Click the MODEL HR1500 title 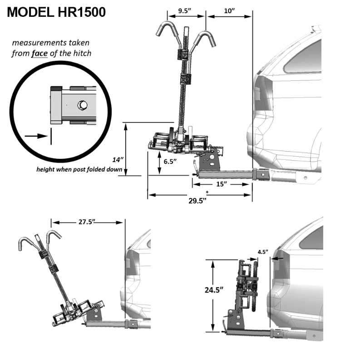pyautogui.click(x=57, y=12)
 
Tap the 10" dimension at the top pyautogui.click(x=229, y=10)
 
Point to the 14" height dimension pyautogui.click(x=118, y=159)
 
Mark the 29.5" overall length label pyautogui.click(x=198, y=202)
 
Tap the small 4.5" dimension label pyautogui.click(x=263, y=251)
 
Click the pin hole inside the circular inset pyautogui.click(x=82, y=105)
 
